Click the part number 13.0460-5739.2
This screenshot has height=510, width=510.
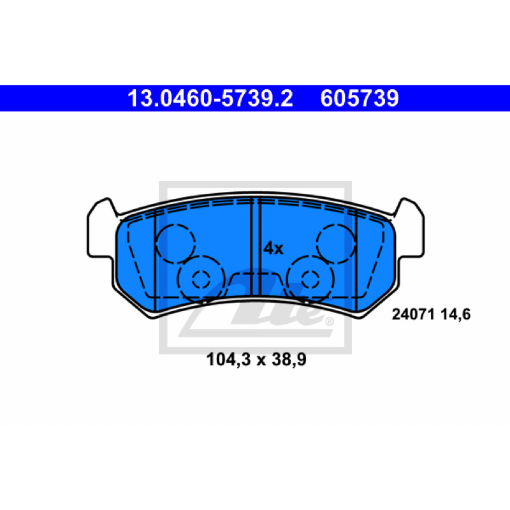pyautogui.click(x=210, y=98)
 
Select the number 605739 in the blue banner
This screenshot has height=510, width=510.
pyautogui.click(x=360, y=98)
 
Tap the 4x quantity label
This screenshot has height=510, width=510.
pyautogui.click(x=273, y=249)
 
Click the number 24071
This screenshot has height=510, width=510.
pyautogui.click(x=413, y=314)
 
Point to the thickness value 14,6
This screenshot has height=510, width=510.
pyautogui.click(x=455, y=315)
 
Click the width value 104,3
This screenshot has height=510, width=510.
pyautogui.click(x=229, y=360)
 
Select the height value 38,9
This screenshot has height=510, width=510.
pyautogui.click(x=289, y=360)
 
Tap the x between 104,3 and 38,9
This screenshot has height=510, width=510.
pyautogui.click(x=261, y=361)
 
